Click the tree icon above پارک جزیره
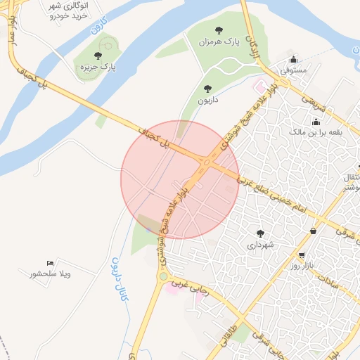tap(98, 56)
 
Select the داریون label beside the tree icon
tap(207, 101)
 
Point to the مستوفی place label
tap(293, 71)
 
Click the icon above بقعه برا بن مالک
tap(316, 122)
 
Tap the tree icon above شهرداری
tap(260, 233)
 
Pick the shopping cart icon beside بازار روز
tap(302, 255)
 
